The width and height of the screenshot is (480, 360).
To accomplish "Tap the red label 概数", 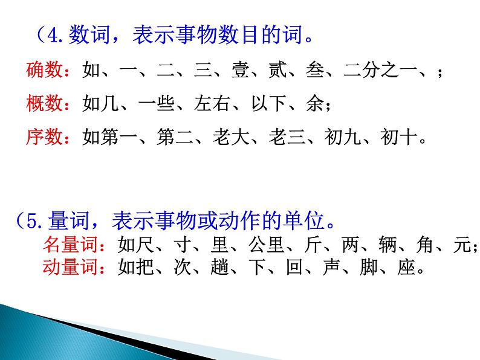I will pos(45,104).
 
